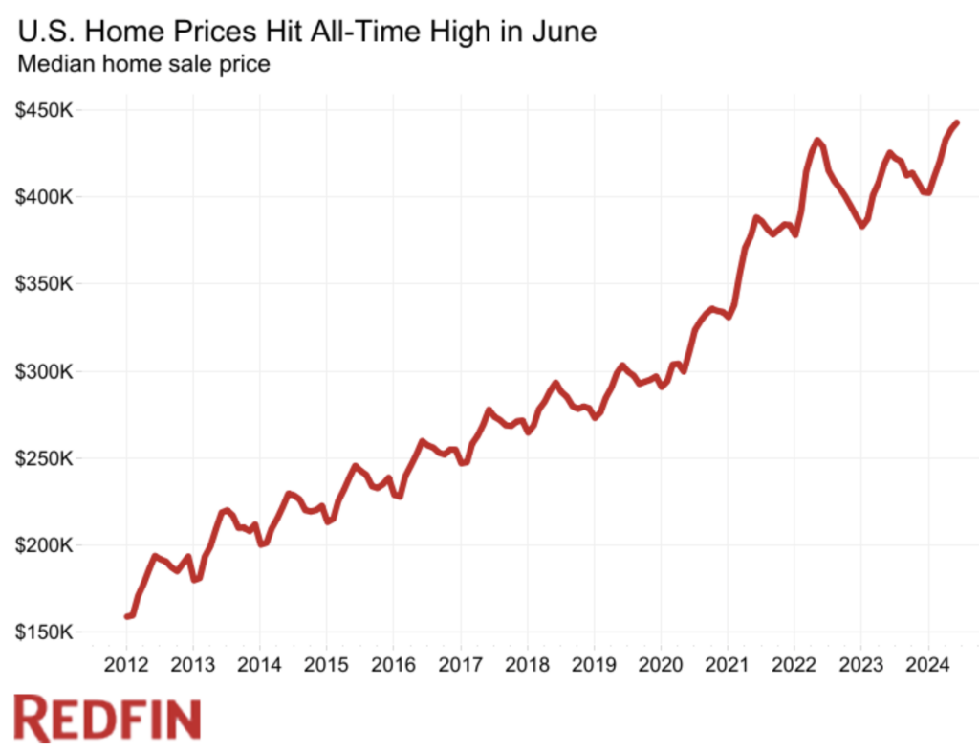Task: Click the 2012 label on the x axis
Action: (126, 665)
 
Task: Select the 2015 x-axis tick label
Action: (326, 665)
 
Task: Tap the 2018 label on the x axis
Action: (527, 665)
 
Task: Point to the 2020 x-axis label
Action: (661, 665)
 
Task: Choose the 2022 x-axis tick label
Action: (794, 665)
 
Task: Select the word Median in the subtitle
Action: (53, 65)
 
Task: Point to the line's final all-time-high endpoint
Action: (957, 122)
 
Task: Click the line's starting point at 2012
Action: (126, 616)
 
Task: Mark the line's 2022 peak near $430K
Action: (817, 140)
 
